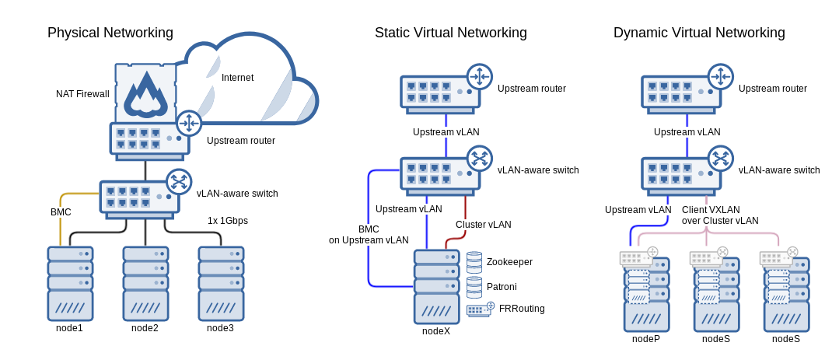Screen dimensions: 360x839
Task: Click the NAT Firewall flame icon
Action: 145,93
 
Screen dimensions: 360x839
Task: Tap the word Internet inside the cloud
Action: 237,78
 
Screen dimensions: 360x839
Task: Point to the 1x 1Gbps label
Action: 228,221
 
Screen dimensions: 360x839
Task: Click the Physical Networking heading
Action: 110,33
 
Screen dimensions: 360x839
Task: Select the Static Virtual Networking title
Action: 451,33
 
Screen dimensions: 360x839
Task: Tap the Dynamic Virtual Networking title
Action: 699,33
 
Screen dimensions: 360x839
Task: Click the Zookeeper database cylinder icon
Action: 474,263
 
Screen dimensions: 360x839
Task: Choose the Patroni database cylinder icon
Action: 474,287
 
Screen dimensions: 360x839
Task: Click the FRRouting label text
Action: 522,309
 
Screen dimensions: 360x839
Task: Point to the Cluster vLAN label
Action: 484,225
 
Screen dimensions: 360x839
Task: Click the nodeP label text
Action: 646,339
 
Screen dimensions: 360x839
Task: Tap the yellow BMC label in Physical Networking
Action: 61,212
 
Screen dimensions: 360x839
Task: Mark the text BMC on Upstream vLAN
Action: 369,235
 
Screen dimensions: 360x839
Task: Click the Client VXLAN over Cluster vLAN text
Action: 720,215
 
